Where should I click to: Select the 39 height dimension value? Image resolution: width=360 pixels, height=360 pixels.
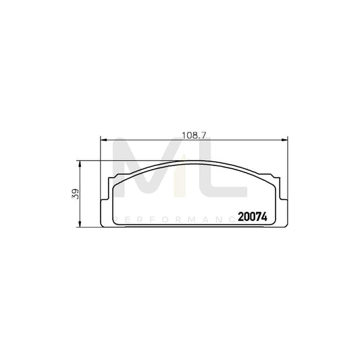coord(76,194)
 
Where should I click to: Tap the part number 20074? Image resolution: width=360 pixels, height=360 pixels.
coord(253,217)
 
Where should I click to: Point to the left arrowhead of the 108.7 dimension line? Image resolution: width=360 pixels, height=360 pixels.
coord(103,140)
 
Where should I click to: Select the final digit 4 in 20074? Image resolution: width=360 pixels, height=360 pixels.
coord(266,217)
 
